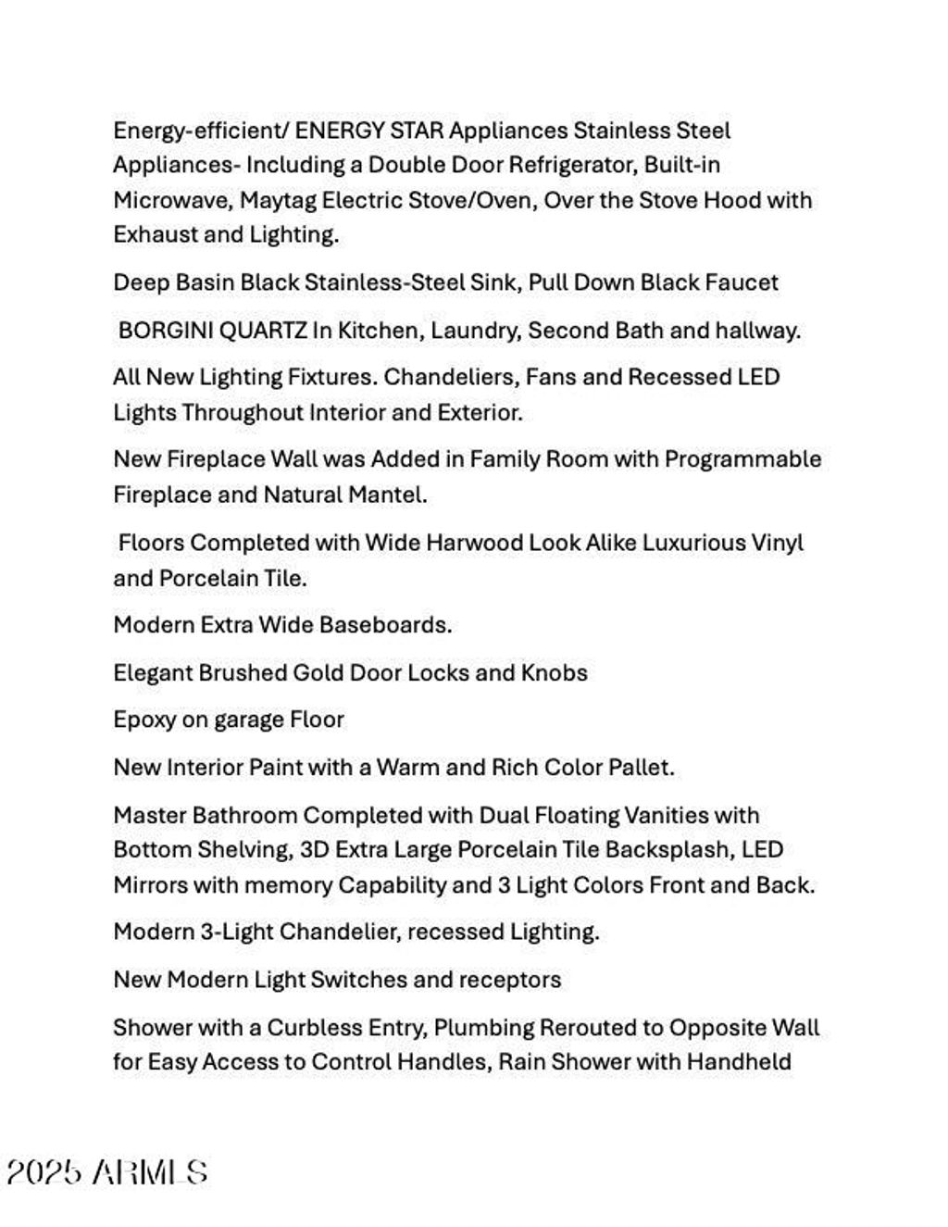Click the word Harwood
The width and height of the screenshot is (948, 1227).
tap(473, 543)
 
